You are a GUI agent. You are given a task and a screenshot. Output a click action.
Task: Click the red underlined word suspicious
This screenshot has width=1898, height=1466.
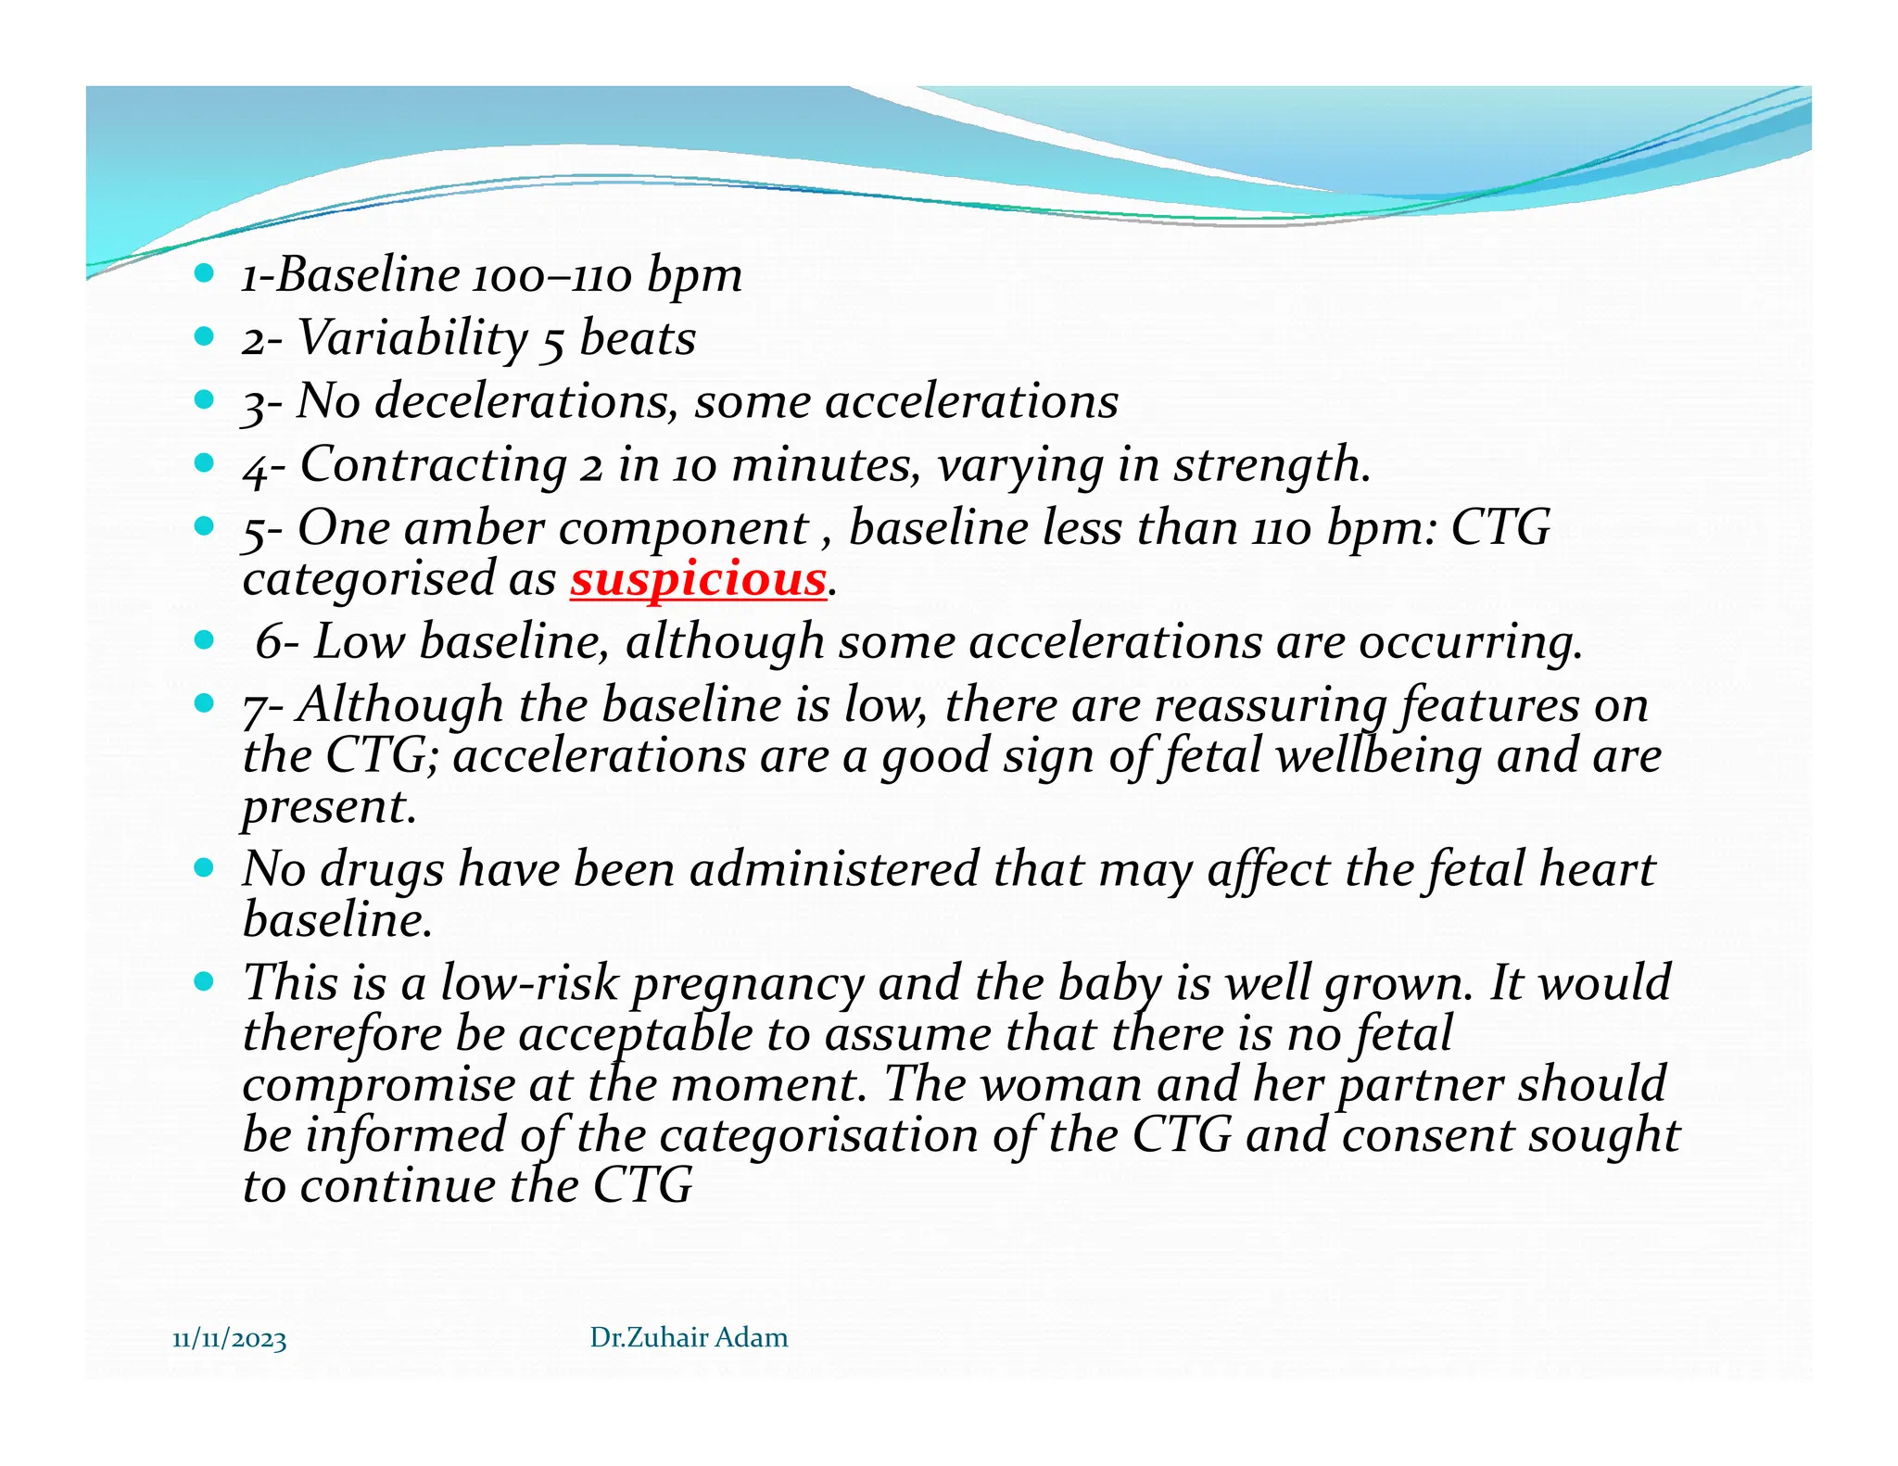(x=697, y=580)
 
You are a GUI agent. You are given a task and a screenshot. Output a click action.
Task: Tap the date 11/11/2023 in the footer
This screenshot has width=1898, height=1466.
(x=230, y=1340)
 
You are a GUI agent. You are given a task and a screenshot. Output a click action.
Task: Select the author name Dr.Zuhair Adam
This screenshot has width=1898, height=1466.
(x=689, y=1337)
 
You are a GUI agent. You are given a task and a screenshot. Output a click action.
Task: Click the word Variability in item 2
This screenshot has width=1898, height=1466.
(x=411, y=339)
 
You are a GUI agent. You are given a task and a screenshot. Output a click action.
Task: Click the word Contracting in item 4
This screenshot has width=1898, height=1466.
(x=433, y=465)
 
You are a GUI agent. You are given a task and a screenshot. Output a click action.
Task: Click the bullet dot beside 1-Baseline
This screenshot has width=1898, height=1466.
(x=205, y=273)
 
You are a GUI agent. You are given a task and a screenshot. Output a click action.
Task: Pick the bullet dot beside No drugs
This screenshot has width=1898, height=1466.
(x=205, y=868)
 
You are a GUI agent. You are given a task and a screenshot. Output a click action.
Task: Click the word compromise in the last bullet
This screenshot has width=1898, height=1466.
(x=378, y=1085)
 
